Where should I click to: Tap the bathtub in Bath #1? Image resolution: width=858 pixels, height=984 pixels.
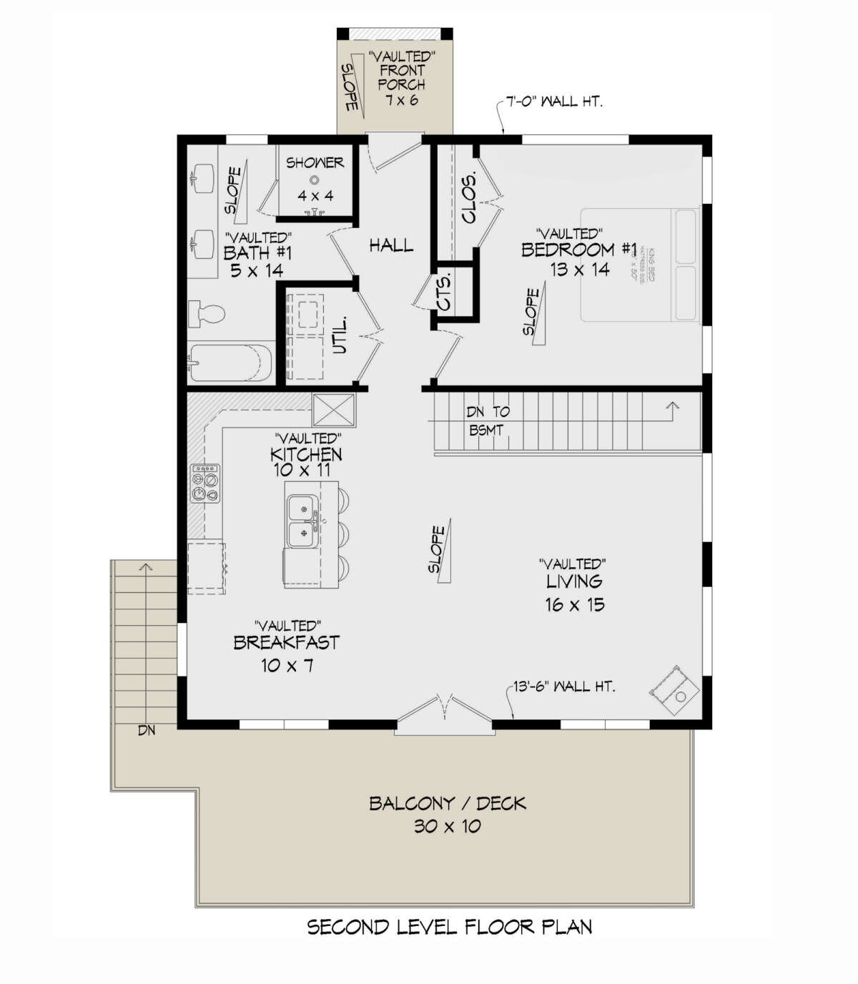click(x=231, y=363)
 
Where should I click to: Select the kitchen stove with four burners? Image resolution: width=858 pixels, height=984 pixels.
click(x=204, y=483)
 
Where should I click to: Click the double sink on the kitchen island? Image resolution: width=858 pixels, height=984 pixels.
click(x=302, y=522)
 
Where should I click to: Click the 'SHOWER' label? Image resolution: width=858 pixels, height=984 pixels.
click(x=315, y=163)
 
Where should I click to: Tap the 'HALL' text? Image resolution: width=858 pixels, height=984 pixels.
click(x=391, y=246)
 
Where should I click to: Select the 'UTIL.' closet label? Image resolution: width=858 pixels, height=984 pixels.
click(x=340, y=335)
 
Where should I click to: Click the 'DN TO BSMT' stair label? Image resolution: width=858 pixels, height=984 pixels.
click(x=488, y=420)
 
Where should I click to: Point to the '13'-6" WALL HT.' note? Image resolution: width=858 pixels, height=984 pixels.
click(x=564, y=687)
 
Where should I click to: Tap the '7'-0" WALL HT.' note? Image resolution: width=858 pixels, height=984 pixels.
click(x=554, y=102)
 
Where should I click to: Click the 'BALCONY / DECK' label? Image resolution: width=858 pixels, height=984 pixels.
click(x=448, y=803)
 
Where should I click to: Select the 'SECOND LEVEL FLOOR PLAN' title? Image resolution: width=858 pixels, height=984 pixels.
click(x=450, y=928)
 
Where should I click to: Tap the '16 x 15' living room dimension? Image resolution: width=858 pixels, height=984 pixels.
click(x=574, y=605)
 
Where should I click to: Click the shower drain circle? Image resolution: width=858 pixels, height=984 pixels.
click(x=314, y=180)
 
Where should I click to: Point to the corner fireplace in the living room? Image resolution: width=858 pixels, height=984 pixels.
click(x=674, y=688)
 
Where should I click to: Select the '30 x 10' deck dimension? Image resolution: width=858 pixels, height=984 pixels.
click(x=448, y=827)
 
